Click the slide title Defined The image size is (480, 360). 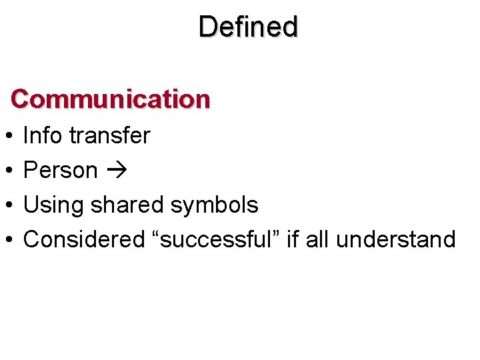[248, 27]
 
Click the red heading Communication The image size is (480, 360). [111, 99]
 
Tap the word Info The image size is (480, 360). [43, 135]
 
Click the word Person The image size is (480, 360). [60, 170]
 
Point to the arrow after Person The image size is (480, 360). [115, 171]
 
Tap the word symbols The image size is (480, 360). [214, 205]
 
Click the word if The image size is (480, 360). [291, 239]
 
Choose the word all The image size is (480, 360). [317, 239]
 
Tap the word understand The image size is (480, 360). [395, 239]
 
